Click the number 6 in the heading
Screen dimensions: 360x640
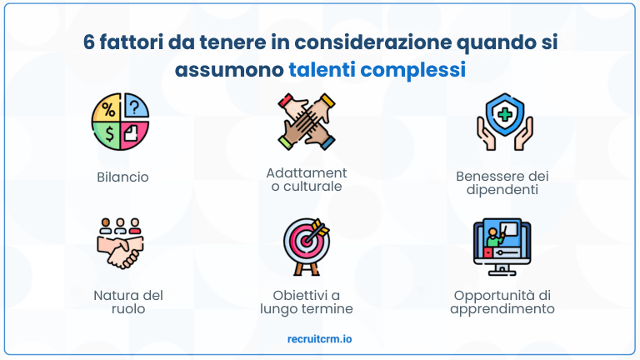tap(88, 42)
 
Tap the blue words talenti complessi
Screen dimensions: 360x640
tap(377, 69)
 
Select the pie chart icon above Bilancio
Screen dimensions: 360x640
tap(120, 122)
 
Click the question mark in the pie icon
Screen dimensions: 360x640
tap(135, 107)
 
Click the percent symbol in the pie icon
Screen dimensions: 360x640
tap(107, 108)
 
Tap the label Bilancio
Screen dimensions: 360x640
tap(122, 177)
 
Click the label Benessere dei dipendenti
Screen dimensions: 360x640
tap(502, 182)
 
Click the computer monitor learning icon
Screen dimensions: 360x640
tap(502, 247)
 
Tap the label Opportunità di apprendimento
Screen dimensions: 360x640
tap(502, 302)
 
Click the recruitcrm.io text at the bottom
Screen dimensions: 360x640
tap(319, 339)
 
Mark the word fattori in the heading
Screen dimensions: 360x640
tap(135, 42)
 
